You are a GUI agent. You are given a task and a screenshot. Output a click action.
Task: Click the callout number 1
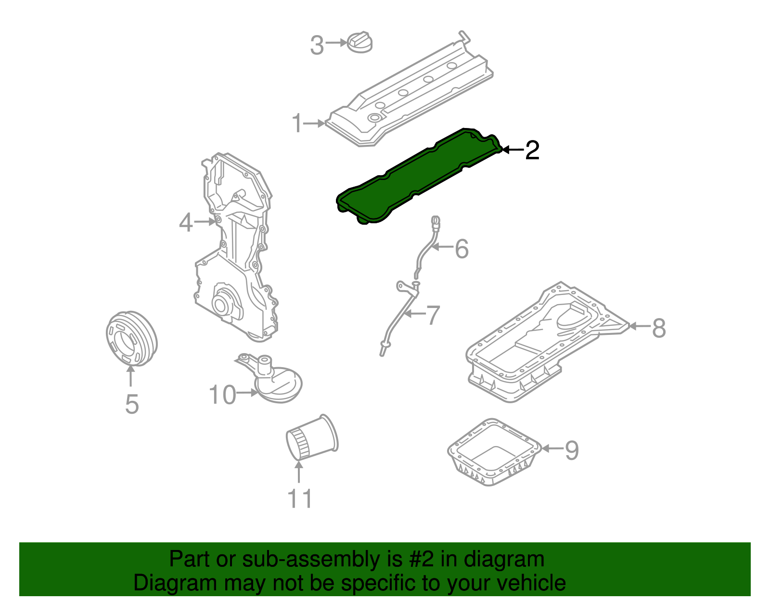click(298, 124)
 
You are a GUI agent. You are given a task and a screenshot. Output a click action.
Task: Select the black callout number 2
click(532, 150)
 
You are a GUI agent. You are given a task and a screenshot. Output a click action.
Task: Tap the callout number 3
click(317, 46)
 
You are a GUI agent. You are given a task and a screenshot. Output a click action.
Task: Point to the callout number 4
click(186, 223)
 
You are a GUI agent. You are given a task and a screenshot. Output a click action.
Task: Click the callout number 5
click(132, 404)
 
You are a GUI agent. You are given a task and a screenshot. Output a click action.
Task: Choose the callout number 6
click(462, 249)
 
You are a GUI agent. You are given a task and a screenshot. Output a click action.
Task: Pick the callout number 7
click(433, 315)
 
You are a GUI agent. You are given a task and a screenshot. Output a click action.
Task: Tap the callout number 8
click(659, 328)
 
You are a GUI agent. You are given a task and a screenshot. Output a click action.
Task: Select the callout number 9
click(572, 450)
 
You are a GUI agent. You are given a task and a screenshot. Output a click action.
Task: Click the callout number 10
click(222, 395)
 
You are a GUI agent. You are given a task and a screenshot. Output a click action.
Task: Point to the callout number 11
click(300, 499)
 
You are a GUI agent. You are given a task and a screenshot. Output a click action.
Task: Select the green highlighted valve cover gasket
click(419, 176)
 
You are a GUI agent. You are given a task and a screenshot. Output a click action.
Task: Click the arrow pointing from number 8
click(639, 326)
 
